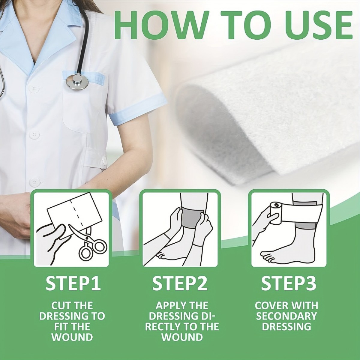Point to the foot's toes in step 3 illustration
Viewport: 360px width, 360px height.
[268, 256]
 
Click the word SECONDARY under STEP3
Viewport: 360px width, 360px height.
[286, 316]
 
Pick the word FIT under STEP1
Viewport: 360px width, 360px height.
[62, 327]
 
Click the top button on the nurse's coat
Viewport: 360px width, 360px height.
[34, 88]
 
